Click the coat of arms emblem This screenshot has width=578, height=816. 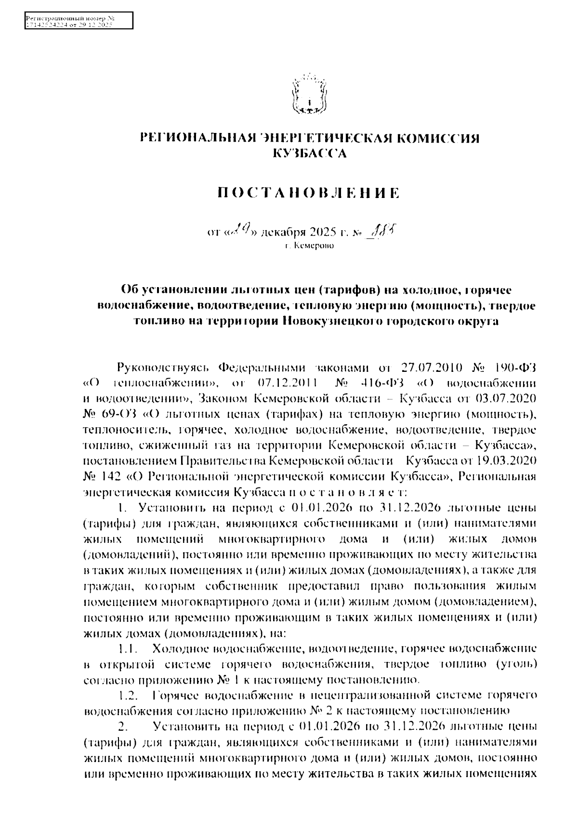pos(308,94)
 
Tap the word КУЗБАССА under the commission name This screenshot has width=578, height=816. pos(309,154)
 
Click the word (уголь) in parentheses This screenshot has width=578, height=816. pos(515,665)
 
